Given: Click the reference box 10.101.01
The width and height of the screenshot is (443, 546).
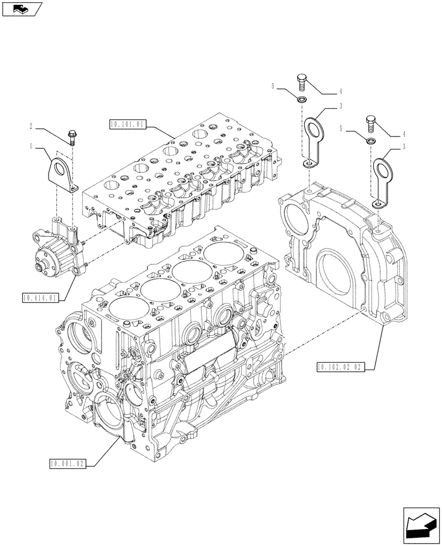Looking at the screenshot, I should (127, 124).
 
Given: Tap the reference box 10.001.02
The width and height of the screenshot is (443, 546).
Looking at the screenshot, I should (65, 464).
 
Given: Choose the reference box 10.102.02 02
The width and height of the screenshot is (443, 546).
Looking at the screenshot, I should (339, 366).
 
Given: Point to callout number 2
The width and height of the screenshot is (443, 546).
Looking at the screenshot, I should (32, 126).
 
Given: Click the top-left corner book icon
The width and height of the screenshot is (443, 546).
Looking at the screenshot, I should (21, 8).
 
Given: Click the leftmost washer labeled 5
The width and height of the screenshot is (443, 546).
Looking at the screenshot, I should (301, 100).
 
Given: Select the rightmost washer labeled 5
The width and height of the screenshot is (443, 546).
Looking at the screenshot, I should (370, 141).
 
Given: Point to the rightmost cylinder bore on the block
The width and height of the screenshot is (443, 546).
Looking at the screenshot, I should (221, 254).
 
